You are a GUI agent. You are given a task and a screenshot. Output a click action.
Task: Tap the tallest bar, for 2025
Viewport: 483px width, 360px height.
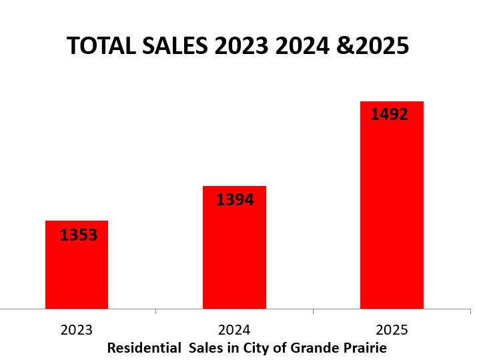[x=392, y=213]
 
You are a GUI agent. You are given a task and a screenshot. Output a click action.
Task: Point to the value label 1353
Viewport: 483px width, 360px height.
[x=79, y=235]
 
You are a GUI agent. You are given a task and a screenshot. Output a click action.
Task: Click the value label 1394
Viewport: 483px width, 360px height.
[x=235, y=199]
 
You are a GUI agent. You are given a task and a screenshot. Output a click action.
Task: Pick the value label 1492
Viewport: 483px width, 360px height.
[x=389, y=115]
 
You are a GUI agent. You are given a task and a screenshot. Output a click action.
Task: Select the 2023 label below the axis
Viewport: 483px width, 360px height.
[x=77, y=330]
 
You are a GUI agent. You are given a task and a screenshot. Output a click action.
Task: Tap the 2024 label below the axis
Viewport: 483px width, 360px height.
[x=234, y=330]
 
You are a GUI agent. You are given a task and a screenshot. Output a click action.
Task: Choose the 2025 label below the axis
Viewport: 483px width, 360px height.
[x=392, y=330]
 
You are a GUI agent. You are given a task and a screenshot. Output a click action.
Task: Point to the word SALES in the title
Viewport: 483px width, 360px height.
[x=175, y=46]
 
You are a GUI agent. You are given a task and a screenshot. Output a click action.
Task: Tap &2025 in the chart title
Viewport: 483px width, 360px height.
[x=378, y=46]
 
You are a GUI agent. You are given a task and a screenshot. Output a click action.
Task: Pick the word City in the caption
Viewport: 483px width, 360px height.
[x=256, y=348]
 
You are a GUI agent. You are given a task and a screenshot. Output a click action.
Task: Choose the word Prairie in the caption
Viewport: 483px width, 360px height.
[x=365, y=348]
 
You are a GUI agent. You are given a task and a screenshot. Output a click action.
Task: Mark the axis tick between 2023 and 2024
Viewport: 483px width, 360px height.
[x=155, y=311]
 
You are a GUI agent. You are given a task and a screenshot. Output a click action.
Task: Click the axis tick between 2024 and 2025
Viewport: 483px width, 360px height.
[x=313, y=311]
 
